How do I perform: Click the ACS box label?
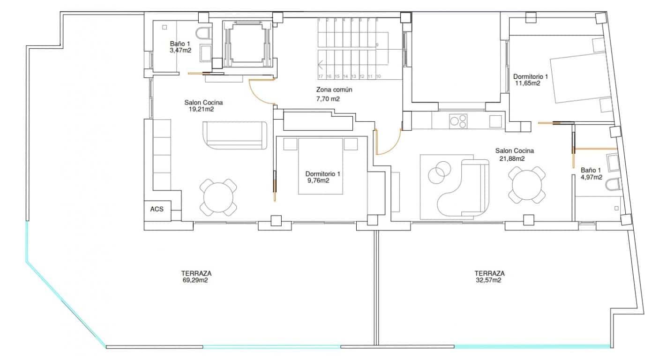point(157,209)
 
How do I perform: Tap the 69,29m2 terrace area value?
point(195,281)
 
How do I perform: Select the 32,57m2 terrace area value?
point(489,281)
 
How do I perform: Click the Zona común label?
point(334,90)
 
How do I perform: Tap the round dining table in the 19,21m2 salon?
point(218,197)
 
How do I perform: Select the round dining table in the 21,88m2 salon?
point(528,185)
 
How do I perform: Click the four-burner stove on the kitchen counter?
point(458,121)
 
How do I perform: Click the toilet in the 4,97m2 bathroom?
point(613,185)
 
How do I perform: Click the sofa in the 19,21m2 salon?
point(235,135)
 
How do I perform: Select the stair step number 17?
point(321,76)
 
